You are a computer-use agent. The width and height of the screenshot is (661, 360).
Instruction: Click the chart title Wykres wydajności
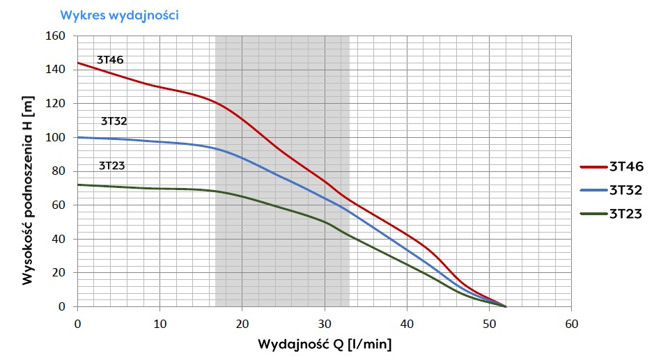coord(120,15)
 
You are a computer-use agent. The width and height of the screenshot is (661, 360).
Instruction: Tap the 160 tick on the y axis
coord(55,36)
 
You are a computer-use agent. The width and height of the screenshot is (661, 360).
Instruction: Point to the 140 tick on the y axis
coord(55,70)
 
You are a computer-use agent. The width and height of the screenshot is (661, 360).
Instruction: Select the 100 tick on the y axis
coord(55,137)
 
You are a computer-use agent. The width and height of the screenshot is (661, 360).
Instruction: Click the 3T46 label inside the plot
coord(110,60)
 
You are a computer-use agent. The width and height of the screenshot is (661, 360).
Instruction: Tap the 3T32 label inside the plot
coord(114,120)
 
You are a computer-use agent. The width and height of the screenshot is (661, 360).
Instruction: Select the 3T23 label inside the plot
coord(111,166)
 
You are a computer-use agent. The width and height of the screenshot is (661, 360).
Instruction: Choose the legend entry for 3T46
coord(611,166)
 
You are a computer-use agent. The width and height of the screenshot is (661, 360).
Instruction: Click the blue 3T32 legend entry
coord(611,190)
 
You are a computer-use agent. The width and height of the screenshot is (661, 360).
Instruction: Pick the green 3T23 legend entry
coord(611,214)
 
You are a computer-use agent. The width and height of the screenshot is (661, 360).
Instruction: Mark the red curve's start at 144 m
coord(77,63)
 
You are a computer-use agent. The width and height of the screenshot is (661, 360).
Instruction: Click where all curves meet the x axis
coord(505,306)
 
